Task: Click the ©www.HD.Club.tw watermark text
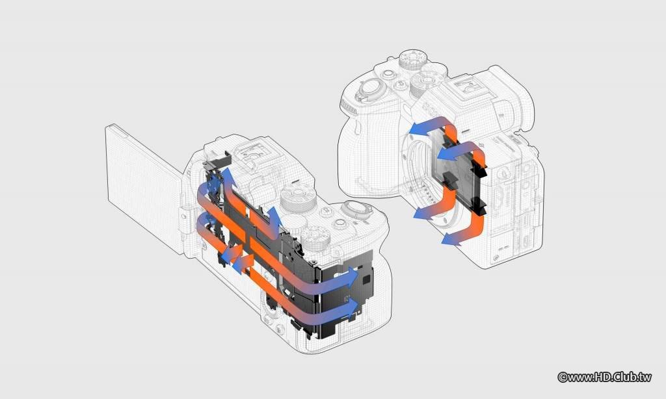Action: click(x=604, y=376)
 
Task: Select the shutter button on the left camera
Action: click(x=356, y=209)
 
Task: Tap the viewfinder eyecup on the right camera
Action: click(x=511, y=97)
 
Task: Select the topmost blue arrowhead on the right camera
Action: click(x=421, y=128)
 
